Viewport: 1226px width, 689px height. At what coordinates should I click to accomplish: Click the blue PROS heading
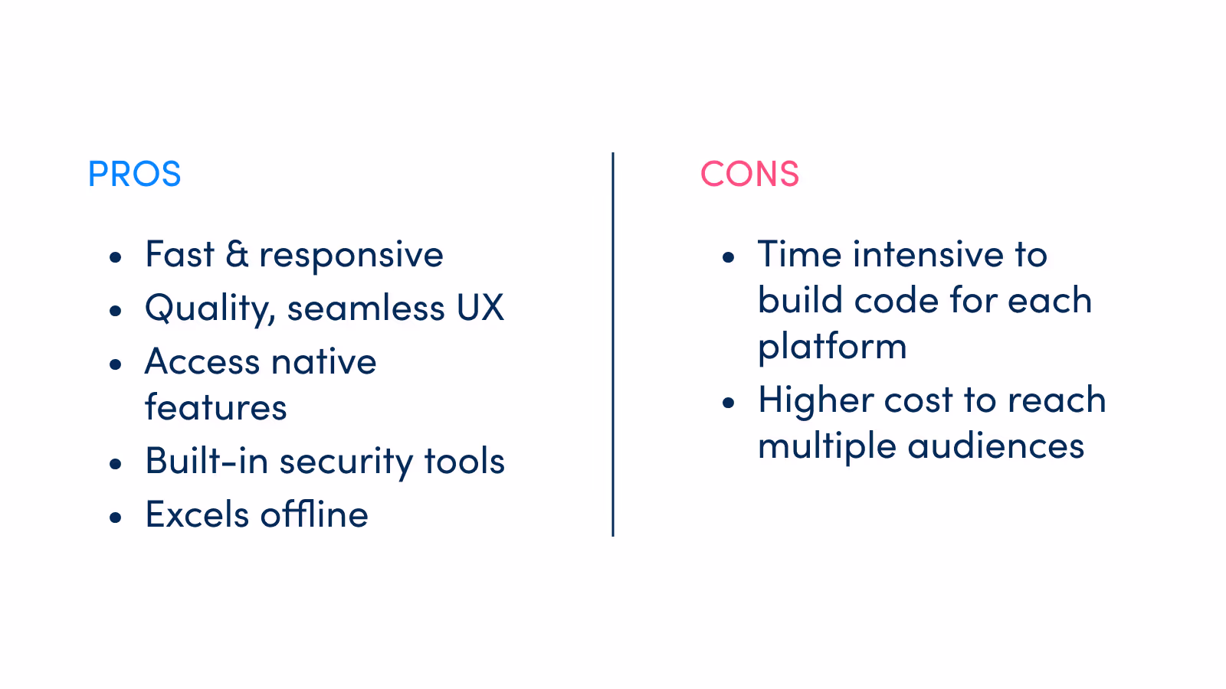pyautogui.click(x=134, y=175)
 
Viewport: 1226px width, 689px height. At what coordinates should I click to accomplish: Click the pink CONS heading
pyautogui.click(x=749, y=175)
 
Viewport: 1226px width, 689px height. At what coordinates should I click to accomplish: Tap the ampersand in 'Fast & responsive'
pyautogui.click(x=237, y=255)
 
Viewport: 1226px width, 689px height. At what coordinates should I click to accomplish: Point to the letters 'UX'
pyautogui.click(x=480, y=309)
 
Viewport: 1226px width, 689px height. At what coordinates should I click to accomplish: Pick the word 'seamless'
pyautogui.click(x=366, y=309)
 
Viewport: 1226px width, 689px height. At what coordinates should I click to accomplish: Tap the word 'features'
pyautogui.click(x=216, y=408)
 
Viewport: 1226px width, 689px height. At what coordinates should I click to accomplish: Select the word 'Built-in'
pyautogui.click(x=206, y=462)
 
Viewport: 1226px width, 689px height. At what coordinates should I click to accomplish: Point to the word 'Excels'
pyautogui.click(x=197, y=515)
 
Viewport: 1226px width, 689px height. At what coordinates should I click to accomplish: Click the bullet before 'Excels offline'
pyautogui.click(x=116, y=518)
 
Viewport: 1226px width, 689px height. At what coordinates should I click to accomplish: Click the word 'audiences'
pyautogui.click(x=995, y=446)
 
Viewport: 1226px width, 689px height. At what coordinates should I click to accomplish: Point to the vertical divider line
pyautogui.click(x=613, y=344)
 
